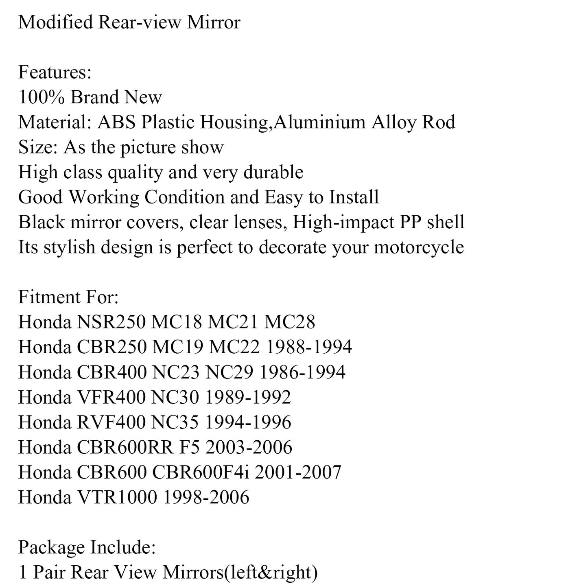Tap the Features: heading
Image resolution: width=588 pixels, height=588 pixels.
(55, 72)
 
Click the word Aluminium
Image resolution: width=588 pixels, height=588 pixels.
(319, 122)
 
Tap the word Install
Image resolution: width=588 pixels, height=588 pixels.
(354, 197)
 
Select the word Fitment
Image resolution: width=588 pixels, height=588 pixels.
(45, 297)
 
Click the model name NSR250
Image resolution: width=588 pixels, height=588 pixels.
(111, 323)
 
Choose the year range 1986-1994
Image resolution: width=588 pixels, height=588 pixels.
(302, 372)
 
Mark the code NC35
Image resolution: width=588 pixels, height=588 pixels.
(175, 422)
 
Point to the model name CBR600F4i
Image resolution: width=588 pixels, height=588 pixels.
(201, 472)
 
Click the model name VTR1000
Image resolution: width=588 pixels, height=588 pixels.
(116, 497)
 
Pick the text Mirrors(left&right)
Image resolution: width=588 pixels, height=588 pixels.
(240, 573)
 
